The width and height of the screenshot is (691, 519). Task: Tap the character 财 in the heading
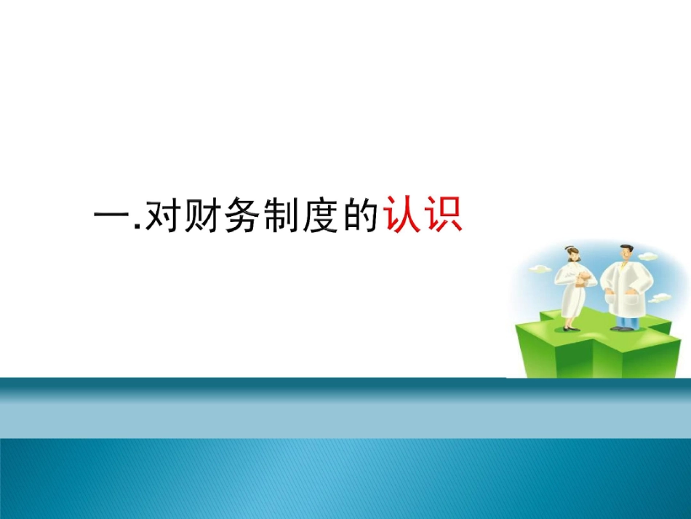(201, 217)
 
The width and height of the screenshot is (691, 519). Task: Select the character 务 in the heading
(241, 217)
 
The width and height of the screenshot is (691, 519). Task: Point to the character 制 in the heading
(280, 217)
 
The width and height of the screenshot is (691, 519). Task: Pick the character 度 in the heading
(320, 217)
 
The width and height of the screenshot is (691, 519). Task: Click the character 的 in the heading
(360, 217)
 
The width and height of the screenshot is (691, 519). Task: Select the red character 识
(444, 216)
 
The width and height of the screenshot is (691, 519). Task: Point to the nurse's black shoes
(572, 328)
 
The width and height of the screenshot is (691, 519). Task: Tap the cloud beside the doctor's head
(647, 255)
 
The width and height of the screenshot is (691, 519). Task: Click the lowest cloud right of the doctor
(660, 297)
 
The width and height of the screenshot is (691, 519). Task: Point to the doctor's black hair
(625, 247)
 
